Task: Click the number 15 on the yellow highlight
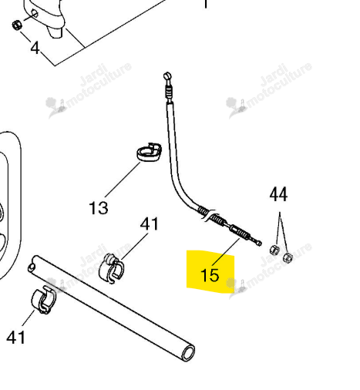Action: pyautogui.click(x=210, y=275)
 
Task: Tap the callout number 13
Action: pyautogui.click(x=99, y=208)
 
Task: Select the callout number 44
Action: pyautogui.click(x=278, y=194)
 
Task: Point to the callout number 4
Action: pyautogui.click(x=35, y=48)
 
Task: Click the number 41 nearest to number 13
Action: pyautogui.click(x=149, y=224)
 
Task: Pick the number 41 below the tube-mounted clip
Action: pyautogui.click(x=16, y=337)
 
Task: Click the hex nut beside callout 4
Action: pyautogui.click(x=16, y=25)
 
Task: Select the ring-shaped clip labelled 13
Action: pyautogui.click(x=149, y=153)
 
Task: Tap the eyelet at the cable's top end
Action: pyautogui.click(x=167, y=76)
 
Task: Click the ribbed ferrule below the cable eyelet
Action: pyautogui.click(x=169, y=92)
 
